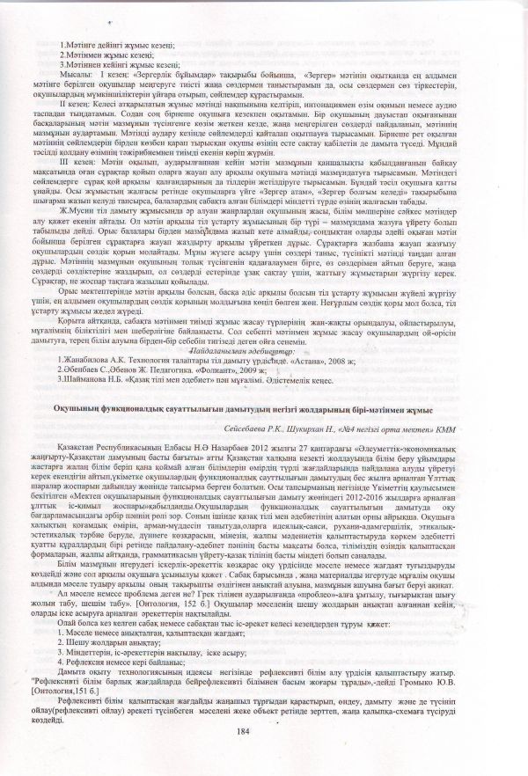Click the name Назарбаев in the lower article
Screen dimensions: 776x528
204,447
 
